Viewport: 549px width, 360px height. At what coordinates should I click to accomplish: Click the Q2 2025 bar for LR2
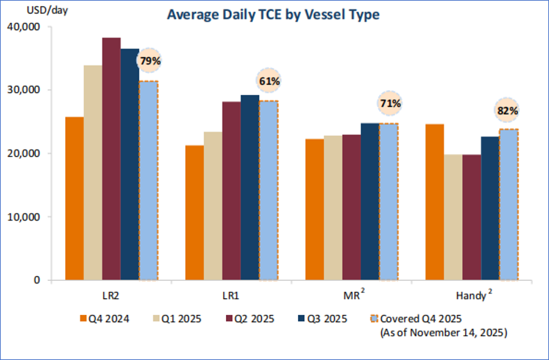pos(111,159)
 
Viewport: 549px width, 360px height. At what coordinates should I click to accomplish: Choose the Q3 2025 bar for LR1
pos(250,187)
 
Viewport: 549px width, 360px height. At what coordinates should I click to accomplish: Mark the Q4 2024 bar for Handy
pos(434,202)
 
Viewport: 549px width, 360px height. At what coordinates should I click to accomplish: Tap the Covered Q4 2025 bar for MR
pos(389,202)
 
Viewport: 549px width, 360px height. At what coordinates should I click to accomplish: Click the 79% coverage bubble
pos(150,61)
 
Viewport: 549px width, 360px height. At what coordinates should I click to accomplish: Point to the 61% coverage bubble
pos(270,81)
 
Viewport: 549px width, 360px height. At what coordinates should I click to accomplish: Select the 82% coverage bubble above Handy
pos(507,110)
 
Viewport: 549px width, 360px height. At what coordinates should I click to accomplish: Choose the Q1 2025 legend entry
pos(175,319)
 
